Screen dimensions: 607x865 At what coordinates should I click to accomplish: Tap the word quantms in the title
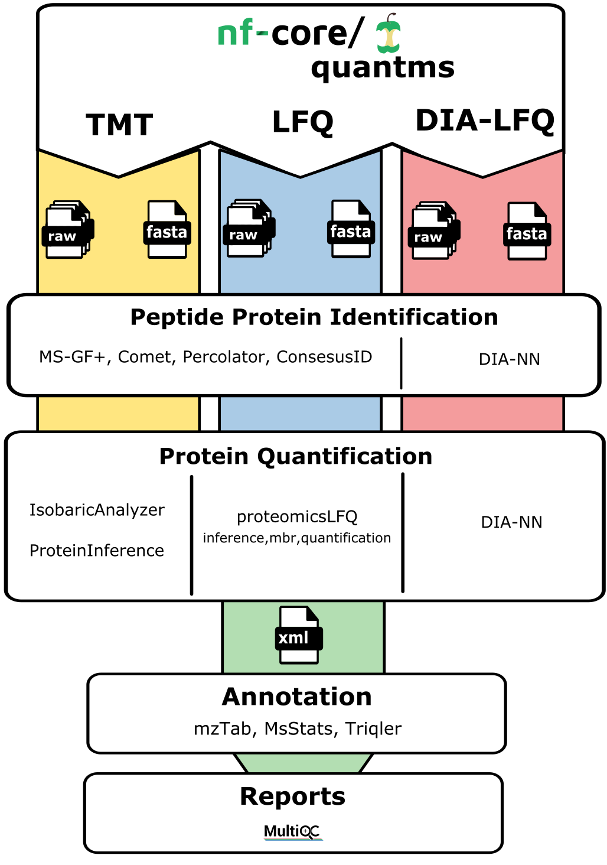(x=383, y=67)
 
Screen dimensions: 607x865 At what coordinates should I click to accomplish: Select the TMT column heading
(x=119, y=125)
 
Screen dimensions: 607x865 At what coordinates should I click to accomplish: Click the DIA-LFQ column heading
(x=485, y=121)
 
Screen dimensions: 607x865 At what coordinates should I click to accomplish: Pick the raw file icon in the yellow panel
(x=67, y=230)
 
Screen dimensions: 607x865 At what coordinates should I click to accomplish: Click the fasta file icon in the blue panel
(x=351, y=230)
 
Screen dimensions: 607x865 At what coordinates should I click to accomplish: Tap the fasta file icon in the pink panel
(x=527, y=232)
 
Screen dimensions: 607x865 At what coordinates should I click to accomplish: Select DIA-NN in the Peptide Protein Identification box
(x=509, y=359)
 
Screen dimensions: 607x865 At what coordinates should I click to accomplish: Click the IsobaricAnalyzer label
(x=97, y=510)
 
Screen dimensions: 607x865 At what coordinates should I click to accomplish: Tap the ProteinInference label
(x=97, y=551)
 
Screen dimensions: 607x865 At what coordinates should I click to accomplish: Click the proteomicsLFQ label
(x=297, y=517)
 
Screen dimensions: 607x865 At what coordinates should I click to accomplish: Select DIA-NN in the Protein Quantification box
(x=511, y=522)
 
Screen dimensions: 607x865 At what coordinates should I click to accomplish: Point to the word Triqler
(x=373, y=729)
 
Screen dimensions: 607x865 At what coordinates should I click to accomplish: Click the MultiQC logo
(x=292, y=832)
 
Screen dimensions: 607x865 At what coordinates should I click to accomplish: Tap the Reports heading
(x=292, y=796)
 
